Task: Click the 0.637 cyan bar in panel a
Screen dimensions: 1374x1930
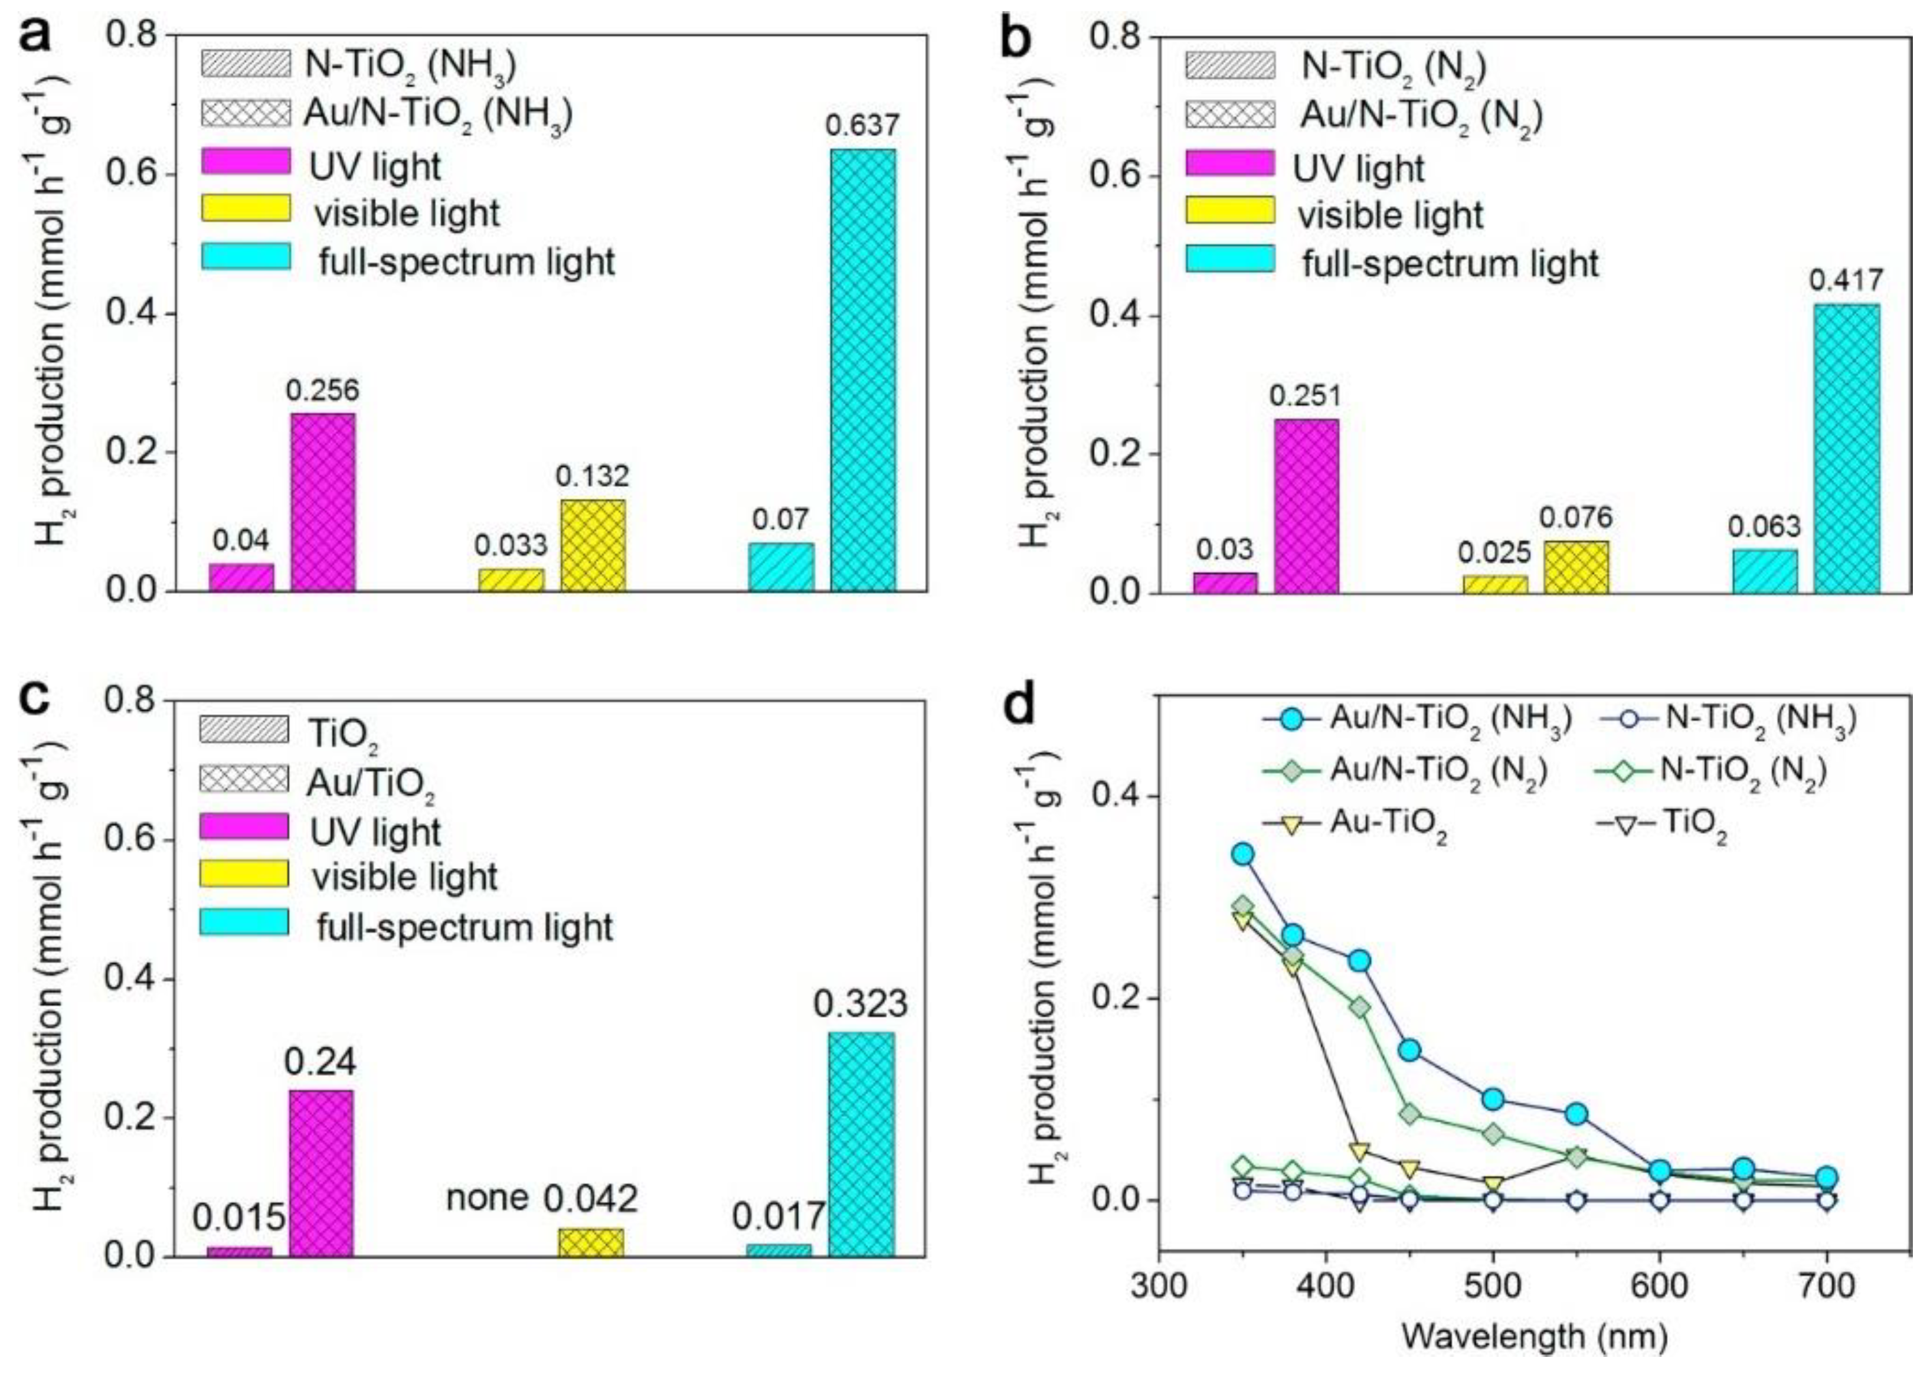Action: [862, 369]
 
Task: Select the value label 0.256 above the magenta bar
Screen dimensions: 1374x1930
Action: [322, 390]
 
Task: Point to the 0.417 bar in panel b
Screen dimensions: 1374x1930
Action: [1847, 449]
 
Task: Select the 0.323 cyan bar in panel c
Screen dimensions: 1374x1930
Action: [861, 1144]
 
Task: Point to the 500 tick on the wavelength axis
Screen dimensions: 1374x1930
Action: [1493, 1287]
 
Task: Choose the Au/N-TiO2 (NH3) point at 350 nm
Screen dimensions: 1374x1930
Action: [1242, 853]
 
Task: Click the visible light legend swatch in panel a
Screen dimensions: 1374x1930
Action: [246, 208]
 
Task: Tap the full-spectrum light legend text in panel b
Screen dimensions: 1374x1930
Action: [1450, 263]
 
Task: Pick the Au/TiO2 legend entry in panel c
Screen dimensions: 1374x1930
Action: [371, 784]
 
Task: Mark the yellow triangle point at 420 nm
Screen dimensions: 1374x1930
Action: [1360, 1151]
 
